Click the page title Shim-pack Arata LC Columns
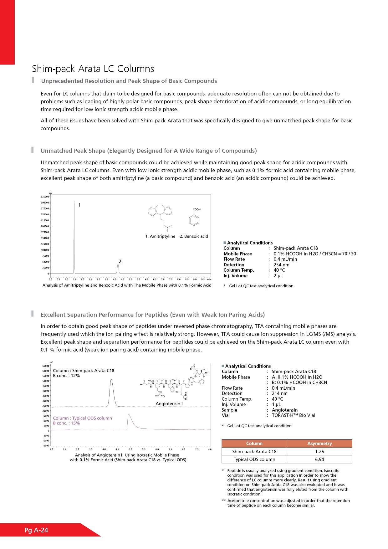pos(93,69)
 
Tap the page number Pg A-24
pos(36,530)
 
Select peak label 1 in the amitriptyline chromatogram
pos(79,205)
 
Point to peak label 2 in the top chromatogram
pos(120,261)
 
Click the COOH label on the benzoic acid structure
pos(197,209)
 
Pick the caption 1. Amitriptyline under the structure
pos(160,236)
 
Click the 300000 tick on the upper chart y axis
pos(45,203)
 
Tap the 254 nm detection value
pos(281,265)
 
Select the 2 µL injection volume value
pos(278,276)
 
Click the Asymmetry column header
pos(319,444)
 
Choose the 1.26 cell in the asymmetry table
pos(319,452)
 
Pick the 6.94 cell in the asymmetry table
pos(319,459)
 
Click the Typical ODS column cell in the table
pos(254,459)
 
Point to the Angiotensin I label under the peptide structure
pos(169,403)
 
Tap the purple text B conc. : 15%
pos(66,423)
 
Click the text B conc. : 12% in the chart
pos(66,376)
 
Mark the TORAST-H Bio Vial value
pos(293,415)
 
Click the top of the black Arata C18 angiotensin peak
pos(111,379)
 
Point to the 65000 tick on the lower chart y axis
pos(46,366)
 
